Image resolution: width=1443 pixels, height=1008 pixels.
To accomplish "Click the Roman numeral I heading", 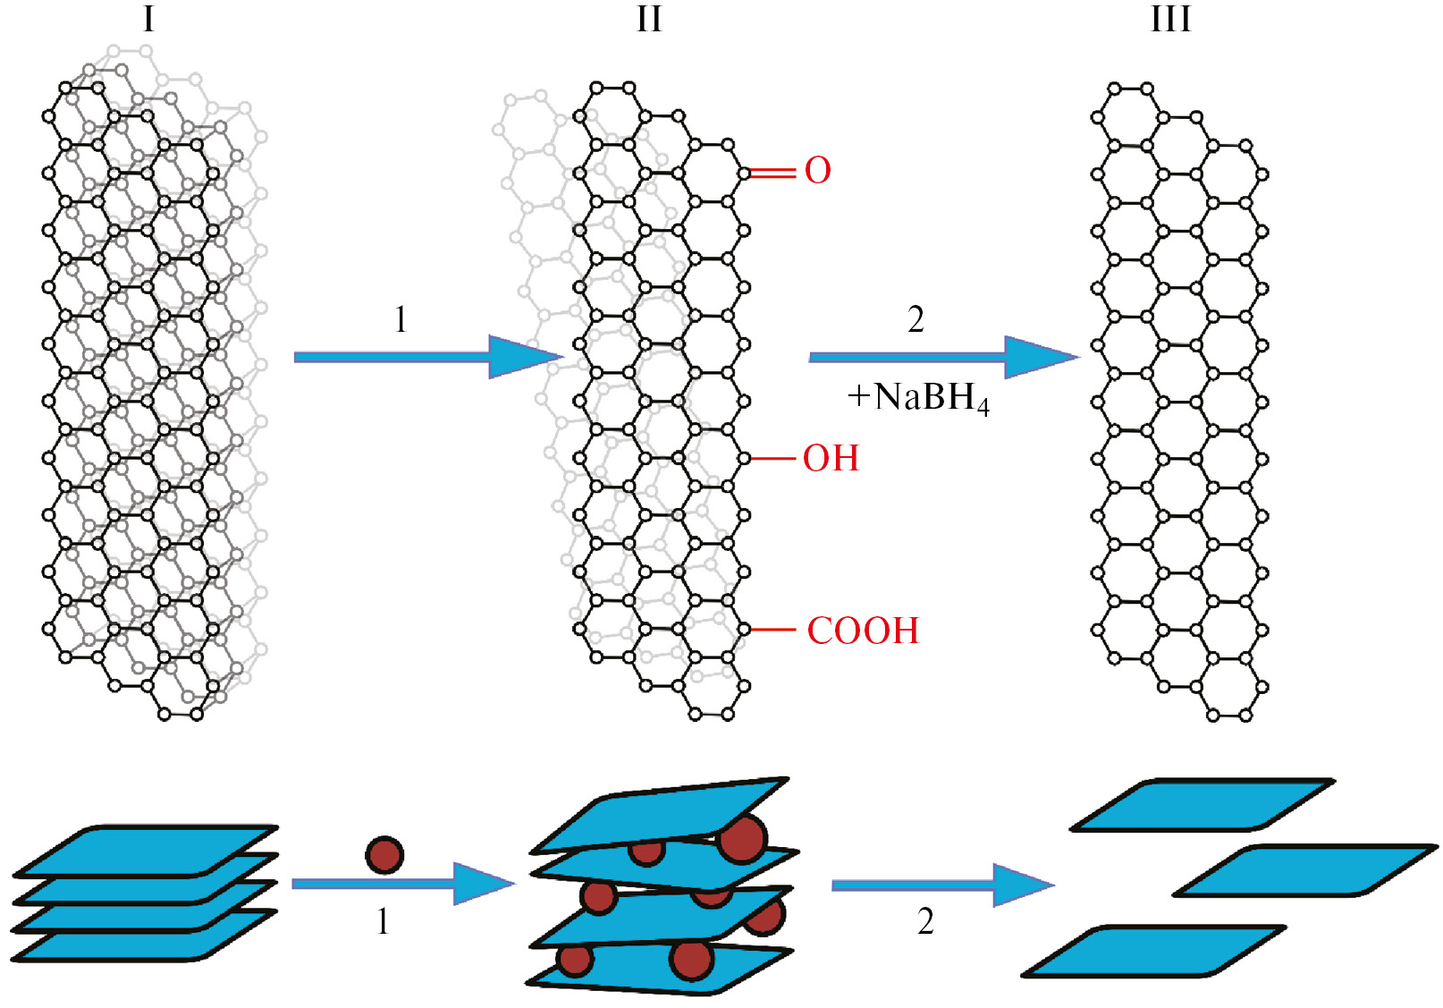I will click(148, 19).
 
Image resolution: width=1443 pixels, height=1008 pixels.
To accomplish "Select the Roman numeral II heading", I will click(649, 19).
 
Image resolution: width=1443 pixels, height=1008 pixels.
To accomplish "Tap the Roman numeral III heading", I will click(1170, 19).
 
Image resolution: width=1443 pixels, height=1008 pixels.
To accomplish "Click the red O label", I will click(817, 171).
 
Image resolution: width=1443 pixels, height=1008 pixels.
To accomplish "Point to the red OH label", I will click(831, 459).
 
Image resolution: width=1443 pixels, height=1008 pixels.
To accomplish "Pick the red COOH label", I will click(863, 631).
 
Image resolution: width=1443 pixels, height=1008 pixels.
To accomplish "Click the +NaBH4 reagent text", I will click(919, 398).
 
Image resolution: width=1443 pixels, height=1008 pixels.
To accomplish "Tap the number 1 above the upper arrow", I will click(401, 319).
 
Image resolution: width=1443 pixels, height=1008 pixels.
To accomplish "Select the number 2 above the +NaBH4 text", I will click(916, 319).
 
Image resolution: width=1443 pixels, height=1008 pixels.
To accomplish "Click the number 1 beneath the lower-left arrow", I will click(383, 921).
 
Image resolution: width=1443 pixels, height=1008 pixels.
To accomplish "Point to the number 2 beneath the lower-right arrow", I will click(925, 921).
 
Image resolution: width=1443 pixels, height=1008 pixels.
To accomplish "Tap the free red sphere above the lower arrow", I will click(384, 856).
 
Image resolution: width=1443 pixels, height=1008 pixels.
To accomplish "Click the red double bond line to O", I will click(772, 173).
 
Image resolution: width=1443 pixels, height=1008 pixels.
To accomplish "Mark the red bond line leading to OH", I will click(772, 459).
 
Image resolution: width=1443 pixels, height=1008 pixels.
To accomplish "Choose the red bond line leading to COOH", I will click(772, 630).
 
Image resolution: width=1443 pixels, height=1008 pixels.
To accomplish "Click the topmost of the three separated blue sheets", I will click(1202, 805).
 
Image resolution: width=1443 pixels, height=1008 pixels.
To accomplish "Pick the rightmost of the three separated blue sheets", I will click(1305, 870).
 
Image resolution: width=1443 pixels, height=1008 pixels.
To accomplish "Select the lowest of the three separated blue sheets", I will click(1153, 951).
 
